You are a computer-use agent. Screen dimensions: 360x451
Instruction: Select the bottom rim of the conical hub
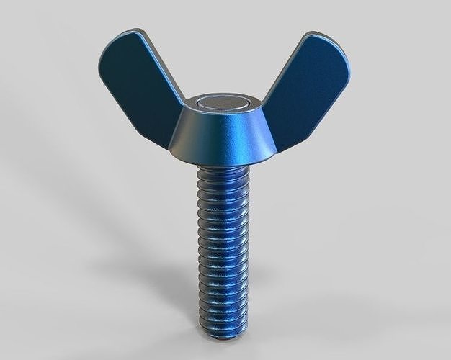223,162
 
